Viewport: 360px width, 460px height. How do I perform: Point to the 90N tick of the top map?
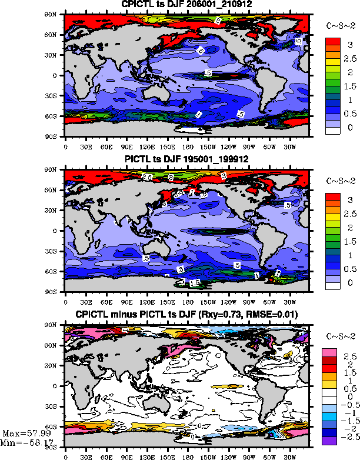click(x=56, y=14)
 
